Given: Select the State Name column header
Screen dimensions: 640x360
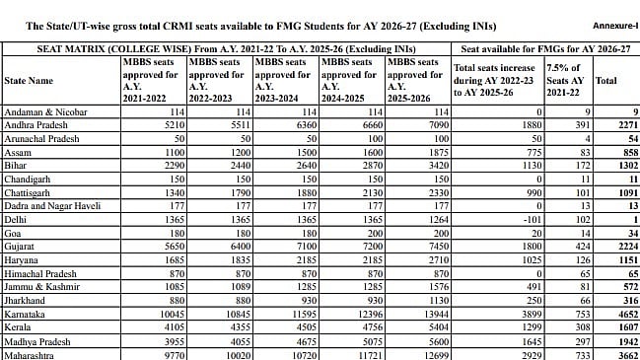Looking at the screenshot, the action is tap(30, 80).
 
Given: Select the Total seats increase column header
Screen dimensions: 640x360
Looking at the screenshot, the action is tap(490, 80).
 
